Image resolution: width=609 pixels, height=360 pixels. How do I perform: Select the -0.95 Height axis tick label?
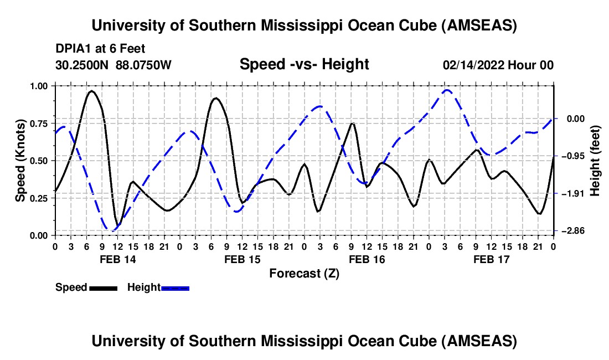572,156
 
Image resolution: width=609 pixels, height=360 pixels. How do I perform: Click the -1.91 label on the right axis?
572,193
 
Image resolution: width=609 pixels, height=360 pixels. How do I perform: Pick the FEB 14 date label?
117,259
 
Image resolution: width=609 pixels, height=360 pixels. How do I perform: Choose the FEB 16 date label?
367,259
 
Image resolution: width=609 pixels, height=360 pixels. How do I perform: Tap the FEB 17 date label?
491,259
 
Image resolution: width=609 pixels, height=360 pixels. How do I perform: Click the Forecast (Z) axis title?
304,273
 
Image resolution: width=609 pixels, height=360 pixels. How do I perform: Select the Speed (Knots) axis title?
20,160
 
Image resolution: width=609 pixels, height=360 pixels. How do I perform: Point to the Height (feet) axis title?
596,160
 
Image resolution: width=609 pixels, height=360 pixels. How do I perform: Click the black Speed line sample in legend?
103,287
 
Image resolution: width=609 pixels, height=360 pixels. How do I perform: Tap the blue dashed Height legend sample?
176,287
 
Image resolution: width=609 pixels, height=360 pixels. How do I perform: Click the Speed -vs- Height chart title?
304,64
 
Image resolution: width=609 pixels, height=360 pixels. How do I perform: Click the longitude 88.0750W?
144,65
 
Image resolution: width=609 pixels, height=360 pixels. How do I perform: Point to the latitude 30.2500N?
83,65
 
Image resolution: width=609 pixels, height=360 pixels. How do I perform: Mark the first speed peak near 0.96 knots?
92,91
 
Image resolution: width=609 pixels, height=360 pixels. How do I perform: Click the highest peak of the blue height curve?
447,90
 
